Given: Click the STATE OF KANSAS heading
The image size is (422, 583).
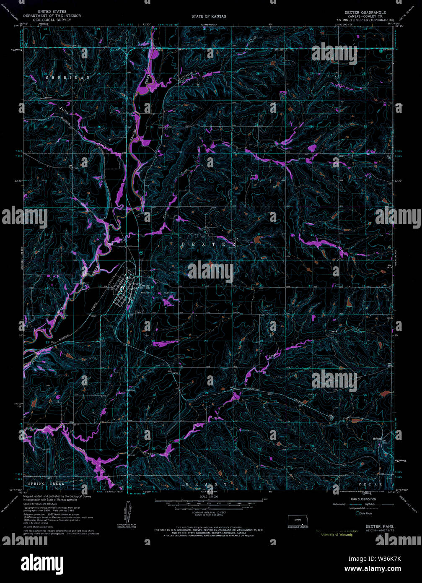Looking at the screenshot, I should pyautogui.click(x=208, y=16).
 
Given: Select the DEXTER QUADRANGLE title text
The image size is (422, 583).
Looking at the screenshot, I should pyautogui.click(x=365, y=13).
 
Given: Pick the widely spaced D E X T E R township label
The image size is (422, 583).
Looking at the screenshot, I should pyautogui.click(x=208, y=244).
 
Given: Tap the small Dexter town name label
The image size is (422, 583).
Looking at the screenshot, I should pyautogui.click(x=145, y=285).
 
